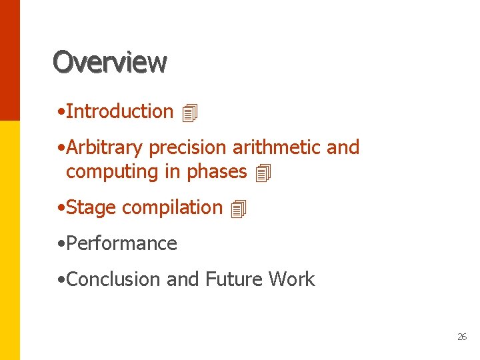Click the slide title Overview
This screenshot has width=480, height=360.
pos(110,62)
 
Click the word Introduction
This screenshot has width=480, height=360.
pos(120,111)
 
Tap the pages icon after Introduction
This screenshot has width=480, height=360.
pos(190,113)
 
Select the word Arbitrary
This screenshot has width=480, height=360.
pos(105,147)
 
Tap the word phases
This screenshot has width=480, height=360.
pos(217,171)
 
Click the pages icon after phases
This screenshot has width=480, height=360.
pos(264,173)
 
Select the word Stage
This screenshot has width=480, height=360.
pos(91,207)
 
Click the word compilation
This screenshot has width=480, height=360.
pos(172,207)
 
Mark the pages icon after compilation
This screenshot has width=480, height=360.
pos(239,209)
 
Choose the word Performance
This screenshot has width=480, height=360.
pos(121,243)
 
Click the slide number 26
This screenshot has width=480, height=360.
pos(462,337)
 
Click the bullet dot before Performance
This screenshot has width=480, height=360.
pos(61,244)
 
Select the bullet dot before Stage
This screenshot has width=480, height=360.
pos(61,208)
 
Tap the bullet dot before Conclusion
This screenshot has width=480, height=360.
pos(61,280)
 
